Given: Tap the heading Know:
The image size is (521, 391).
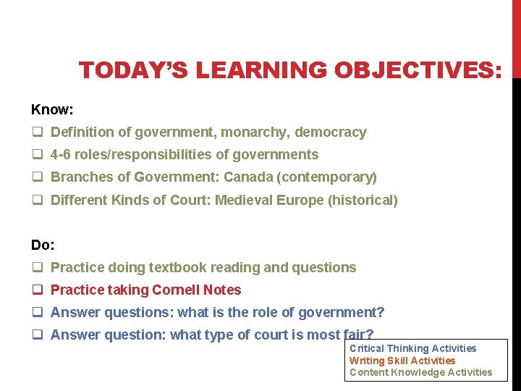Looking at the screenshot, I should [53, 109].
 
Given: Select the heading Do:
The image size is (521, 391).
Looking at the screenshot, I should [43, 245].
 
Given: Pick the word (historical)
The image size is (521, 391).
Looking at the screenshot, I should [363, 200].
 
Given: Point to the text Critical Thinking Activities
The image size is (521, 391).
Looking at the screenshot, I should [412, 348].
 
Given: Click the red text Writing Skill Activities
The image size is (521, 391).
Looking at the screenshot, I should [402, 361].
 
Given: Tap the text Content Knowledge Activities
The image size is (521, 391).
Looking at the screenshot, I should [420, 372].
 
